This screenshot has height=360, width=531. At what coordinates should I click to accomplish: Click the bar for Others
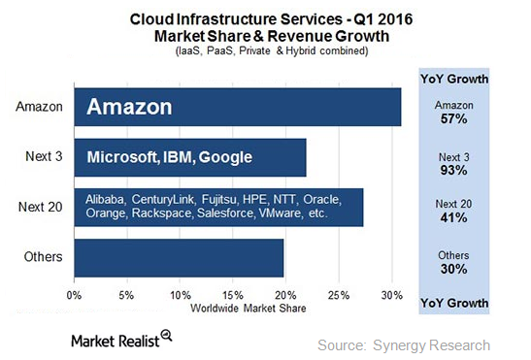pyautogui.click(x=179, y=257)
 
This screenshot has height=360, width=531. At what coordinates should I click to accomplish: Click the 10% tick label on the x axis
pyautogui.click(x=180, y=294)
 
